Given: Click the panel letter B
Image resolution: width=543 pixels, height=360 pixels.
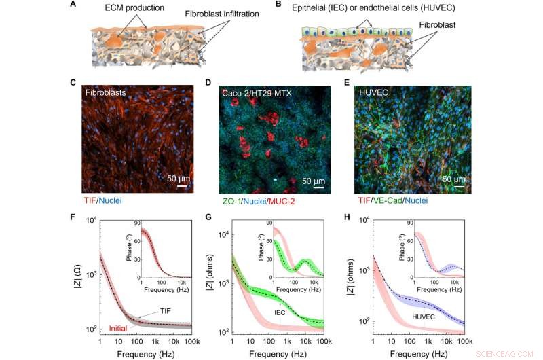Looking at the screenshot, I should (278, 5).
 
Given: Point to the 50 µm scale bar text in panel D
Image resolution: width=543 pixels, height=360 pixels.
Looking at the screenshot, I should (314, 182).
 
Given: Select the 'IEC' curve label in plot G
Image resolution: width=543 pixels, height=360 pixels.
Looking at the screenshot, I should (279, 312).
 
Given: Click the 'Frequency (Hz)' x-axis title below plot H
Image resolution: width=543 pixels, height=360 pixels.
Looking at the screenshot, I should (426, 354).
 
